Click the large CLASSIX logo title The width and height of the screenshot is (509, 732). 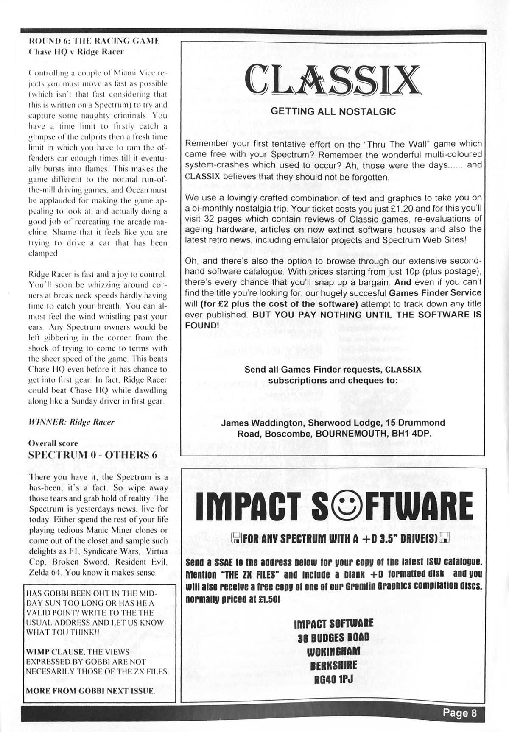pyautogui.click(x=333, y=81)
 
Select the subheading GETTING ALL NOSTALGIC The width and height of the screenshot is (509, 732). pyautogui.click(x=333, y=111)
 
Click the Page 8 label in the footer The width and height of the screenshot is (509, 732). pyautogui.click(x=460, y=713)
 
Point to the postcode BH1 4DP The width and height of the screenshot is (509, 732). pyautogui.click(x=414, y=434)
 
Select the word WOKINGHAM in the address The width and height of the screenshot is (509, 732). pyautogui.click(x=333, y=651)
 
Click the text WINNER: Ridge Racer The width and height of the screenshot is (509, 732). pyautogui.click(x=71, y=422)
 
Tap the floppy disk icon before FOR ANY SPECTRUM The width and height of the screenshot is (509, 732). pyautogui.click(x=236, y=539)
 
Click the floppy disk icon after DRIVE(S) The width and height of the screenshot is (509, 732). pyautogui.click(x=445, y=539)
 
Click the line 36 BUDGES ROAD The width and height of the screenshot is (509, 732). pyautogui.click(x=333, y=637)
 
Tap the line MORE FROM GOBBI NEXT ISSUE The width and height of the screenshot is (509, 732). pyautogui.click(x=90, y=691)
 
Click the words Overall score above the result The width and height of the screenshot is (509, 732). pyautogui.click(x=53, y=443)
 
